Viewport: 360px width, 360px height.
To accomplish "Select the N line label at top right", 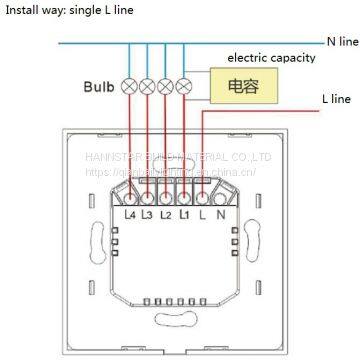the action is click(x=341, y=41).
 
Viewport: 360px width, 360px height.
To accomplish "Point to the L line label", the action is click(x=335, y=100).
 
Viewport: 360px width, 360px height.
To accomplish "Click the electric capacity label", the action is click(x=271, y=57).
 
